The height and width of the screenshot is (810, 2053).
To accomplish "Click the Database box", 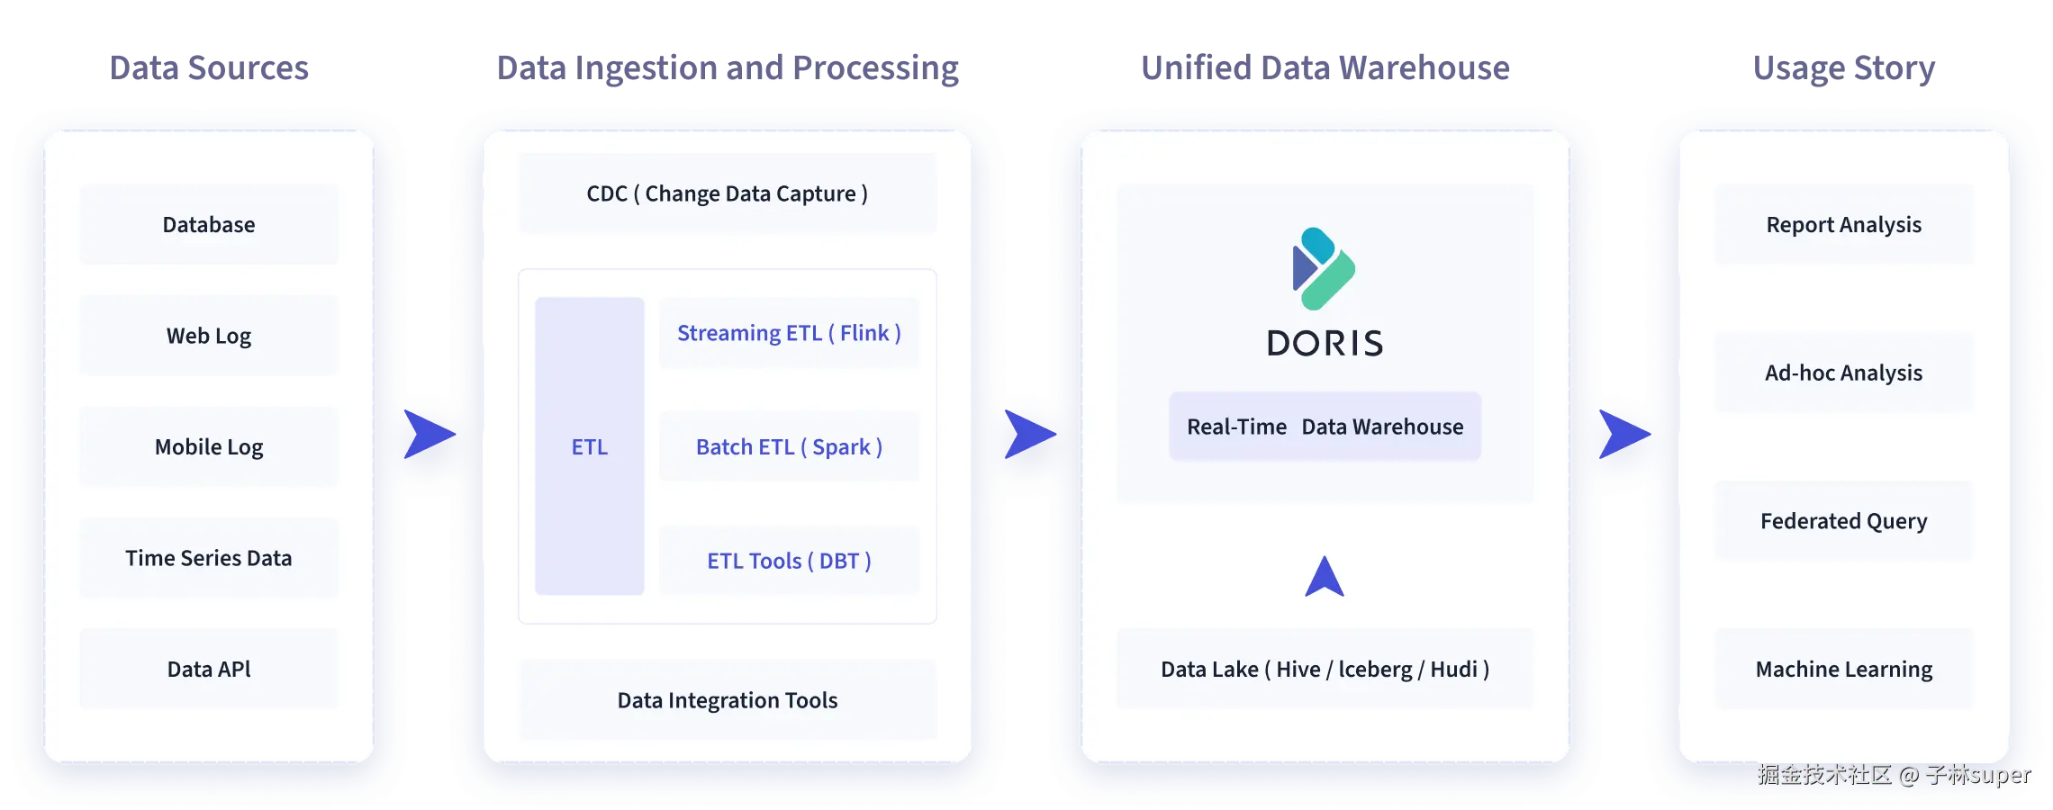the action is pos(209,225).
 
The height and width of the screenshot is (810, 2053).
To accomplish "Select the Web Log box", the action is pos(209,336).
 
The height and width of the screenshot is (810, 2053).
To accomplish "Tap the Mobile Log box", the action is pos(209,447).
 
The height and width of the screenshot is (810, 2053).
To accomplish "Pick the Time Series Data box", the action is pos(209,558).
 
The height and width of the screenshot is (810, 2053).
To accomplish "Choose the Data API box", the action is pos(209,669).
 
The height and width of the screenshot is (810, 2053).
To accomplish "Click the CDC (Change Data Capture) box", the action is pos(727,193).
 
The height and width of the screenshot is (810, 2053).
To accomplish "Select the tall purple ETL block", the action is pos(590,446).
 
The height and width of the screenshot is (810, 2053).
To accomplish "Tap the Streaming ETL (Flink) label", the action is pos(789,333).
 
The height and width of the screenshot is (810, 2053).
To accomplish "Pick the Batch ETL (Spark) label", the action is pos(789,447).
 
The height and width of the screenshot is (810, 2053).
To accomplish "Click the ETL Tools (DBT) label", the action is pos(789,561).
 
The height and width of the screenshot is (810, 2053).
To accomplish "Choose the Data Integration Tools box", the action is pos(727,700).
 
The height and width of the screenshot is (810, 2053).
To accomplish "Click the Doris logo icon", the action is pos(1323,268).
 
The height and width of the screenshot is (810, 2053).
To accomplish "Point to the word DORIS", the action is pos(1325,344).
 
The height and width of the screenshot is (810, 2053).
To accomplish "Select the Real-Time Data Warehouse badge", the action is pos(1325,427).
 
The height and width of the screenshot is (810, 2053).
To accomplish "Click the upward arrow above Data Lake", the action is pos(1325,578).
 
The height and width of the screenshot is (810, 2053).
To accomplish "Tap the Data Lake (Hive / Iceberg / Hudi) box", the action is pos(1325,669).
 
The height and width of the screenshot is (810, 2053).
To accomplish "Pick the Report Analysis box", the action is pos(1843,225).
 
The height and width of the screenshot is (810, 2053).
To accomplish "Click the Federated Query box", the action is pos(1843,521).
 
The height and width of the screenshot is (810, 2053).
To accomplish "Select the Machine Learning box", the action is pos(1843,669).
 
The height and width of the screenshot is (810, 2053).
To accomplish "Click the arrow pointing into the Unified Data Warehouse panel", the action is pos(1029,435).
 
